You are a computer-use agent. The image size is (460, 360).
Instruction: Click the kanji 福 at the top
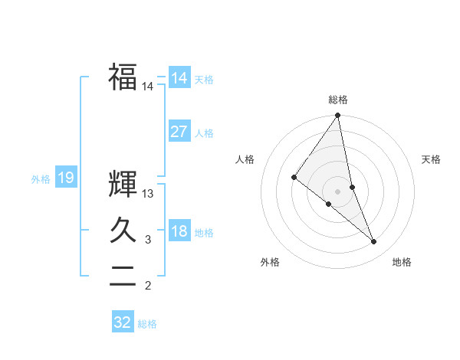[x=123, y=77]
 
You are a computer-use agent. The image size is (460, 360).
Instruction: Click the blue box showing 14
[x=179, y=77]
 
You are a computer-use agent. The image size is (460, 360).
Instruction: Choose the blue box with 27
[x=179, y=131]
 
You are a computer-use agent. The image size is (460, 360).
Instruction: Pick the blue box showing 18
[x=179, y=231]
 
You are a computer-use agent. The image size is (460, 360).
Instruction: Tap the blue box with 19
[x=66, y=178]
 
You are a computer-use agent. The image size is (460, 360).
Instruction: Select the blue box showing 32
[x=123, y=322]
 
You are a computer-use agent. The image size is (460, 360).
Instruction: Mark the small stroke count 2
[x=148, y=286]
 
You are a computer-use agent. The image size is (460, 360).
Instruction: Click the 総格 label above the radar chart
[x=338, y=100]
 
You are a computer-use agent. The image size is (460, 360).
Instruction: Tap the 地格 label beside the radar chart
[x=402, y=263]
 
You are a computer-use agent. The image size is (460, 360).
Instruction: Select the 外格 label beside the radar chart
[x=270, y=263]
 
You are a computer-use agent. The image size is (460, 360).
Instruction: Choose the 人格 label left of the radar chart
[x=245, y=159]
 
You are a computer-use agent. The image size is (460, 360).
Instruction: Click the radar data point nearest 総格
[x=338, y=116]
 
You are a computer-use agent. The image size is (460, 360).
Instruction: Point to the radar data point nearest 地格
[x=374, y=241]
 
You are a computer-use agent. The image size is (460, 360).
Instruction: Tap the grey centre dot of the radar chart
[x=338, y=191]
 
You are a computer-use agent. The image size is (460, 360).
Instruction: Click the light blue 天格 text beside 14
[x=204, y=80]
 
